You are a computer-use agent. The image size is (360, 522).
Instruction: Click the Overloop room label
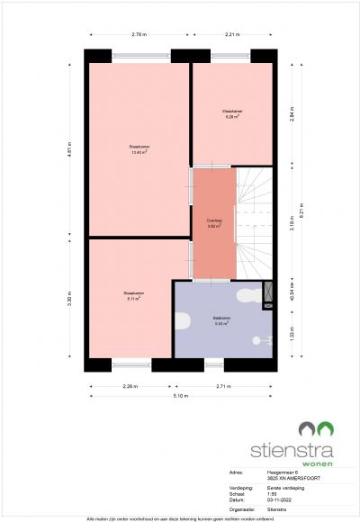click(x=213, y=222)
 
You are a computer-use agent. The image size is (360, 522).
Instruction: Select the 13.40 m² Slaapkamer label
click(x=138, y=148)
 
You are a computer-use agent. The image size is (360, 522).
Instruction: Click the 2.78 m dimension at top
click(x=139, y=34)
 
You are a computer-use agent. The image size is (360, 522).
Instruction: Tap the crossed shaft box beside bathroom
click(x=267, y=295)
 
